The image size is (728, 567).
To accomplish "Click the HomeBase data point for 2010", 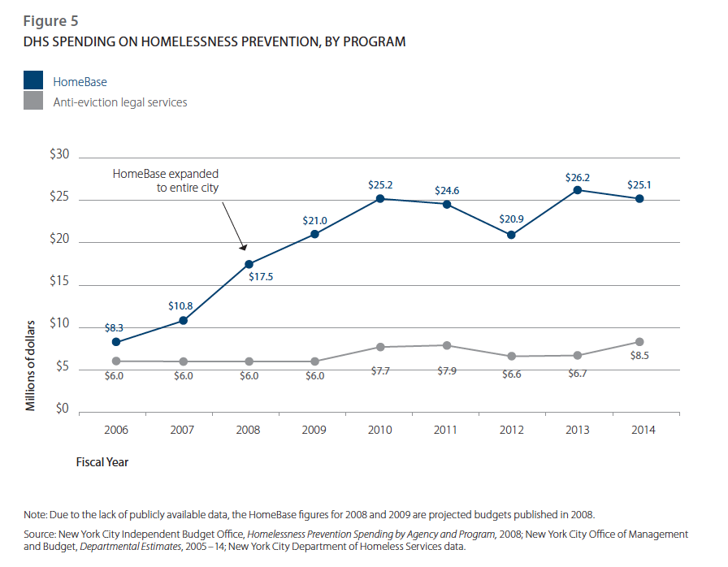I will tap(380, 199).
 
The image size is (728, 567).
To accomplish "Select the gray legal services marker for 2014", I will tap(640, 342).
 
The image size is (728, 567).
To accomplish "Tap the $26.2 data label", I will tap(578, 176).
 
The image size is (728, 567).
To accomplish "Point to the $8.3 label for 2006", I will tap(115, 328).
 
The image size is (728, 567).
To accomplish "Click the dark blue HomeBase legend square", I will tap(33, 81).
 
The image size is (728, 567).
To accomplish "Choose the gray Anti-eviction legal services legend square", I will tap(33, 102).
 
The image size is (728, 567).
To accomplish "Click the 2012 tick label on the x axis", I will tap(511, 430).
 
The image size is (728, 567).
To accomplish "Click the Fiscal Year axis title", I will tap(102, 462).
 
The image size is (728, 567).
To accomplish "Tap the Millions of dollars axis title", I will tap(32, 365).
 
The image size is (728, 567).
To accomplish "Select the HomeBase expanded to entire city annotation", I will tap(166, 180).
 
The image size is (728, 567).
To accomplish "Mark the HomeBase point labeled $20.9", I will tap(511, 235).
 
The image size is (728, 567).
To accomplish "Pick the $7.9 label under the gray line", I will tap(445, 372).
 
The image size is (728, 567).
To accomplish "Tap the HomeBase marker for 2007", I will tap(184, 320).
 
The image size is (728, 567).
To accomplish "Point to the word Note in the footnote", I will tap(37, 514).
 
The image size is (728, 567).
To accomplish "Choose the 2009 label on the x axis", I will tap(314, 430).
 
